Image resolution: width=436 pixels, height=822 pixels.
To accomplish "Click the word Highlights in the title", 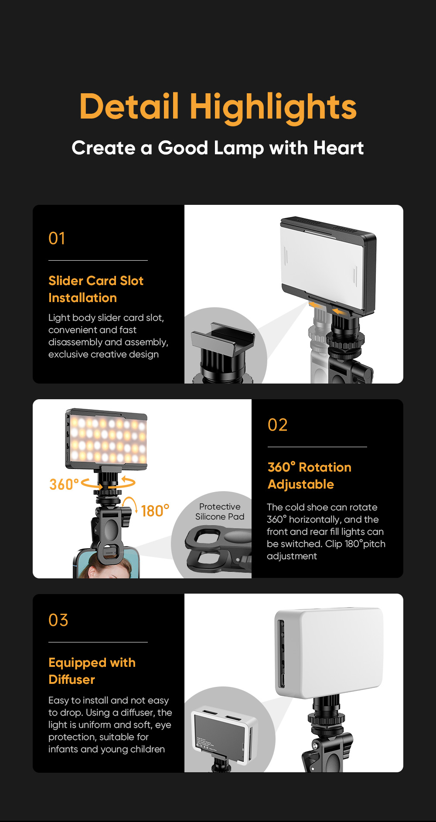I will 273,107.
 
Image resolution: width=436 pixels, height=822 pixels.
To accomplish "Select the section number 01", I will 57,238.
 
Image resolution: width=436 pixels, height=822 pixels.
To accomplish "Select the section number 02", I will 277,425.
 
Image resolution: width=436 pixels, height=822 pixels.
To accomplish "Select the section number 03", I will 58,620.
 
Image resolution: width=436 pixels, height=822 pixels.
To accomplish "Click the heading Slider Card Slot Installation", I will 95,289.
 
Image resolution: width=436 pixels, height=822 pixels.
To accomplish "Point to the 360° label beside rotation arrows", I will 64,485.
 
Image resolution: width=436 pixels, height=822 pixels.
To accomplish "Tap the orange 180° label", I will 155,511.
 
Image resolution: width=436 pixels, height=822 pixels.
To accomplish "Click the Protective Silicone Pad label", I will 220,512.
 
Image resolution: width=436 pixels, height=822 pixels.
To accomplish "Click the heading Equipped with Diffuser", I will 92,671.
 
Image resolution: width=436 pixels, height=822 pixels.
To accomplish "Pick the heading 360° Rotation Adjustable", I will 309,476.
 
